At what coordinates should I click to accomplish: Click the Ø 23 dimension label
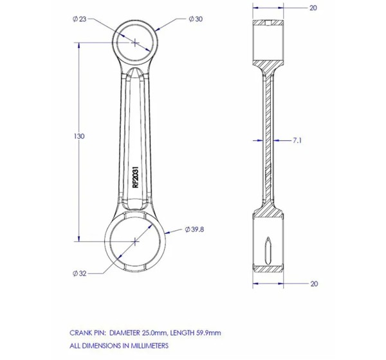click(80, 19)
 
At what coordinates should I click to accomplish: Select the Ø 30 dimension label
click(196, 19)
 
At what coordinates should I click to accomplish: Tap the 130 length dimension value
click(79, 136)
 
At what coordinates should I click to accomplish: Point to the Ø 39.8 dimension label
click(194, 230)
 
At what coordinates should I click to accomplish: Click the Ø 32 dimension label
click(80, 273)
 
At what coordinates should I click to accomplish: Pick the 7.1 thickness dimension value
click(297, 141)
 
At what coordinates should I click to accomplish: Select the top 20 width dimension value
click(313, 8)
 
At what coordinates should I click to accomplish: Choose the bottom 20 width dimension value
click(314, 283)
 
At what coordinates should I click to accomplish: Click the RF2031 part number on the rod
click(136, 177)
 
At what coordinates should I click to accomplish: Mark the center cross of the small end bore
click(135, 43)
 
